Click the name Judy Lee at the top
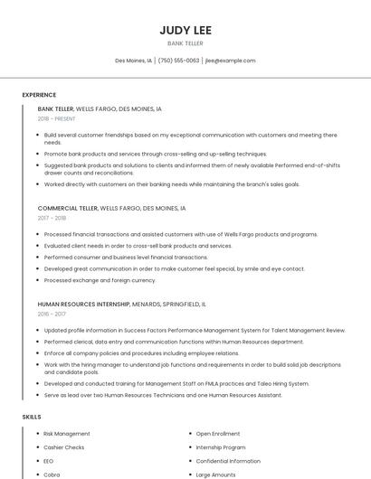(185, 29)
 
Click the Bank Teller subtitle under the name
(185, 43)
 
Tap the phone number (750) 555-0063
(178, 61)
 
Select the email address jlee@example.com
(230, 61)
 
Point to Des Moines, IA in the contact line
(134, 61)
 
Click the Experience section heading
(39, 95)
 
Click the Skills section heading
(32, 417)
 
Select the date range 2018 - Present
(57, 118)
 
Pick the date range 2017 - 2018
(52, 218)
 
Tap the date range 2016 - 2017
(52, 314)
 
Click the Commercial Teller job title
(68, 208)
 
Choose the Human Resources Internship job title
(89, 304)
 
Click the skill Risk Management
(67, 434)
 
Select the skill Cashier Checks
(64, 447)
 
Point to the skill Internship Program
(221, 447)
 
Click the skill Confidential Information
(228, 461)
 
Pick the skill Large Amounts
(215, 474)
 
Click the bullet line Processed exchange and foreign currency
(100, 280)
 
